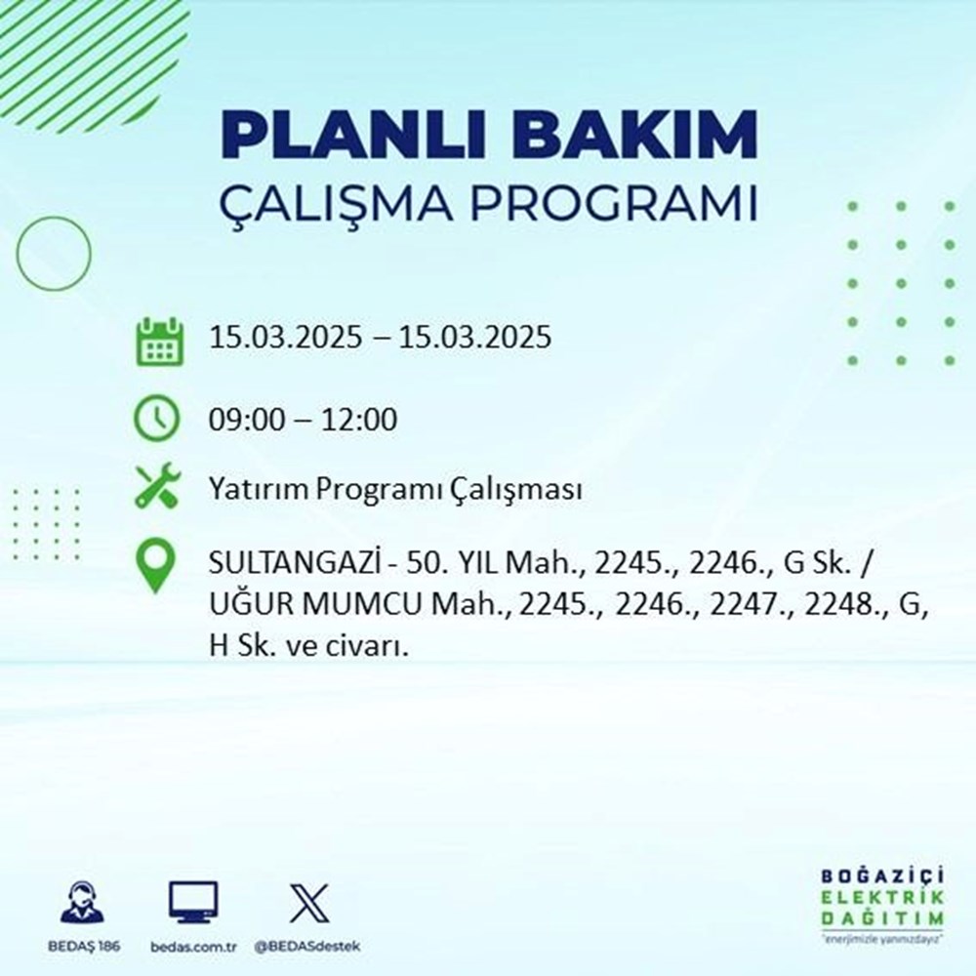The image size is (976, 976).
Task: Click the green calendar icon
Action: coord(156,340)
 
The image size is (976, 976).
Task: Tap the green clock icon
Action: coord(156,420)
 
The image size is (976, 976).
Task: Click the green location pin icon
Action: coord(156,567)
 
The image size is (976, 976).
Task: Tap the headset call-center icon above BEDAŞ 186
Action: coord(83,903)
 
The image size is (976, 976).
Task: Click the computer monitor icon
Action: coord(193,903)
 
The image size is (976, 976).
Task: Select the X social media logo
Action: coord(308,903)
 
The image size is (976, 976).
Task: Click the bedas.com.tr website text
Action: coord(193,948)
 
